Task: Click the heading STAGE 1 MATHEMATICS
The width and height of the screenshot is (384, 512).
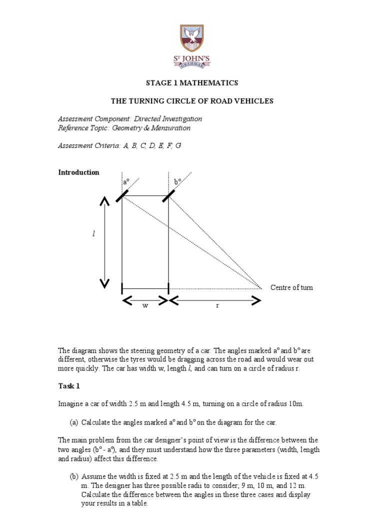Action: [x=191, y=83]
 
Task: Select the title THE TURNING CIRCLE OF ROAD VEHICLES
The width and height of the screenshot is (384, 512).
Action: [x=192, y=101]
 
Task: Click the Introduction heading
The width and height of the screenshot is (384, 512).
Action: [x=78, y=172]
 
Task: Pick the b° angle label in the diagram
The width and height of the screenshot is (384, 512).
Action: [x=177, y=183]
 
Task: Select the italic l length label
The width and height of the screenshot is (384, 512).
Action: [x=93, y=234]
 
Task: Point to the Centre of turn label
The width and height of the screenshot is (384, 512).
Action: [x=291, y=287]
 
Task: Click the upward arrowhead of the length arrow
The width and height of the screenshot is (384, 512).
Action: [x=104, y=201]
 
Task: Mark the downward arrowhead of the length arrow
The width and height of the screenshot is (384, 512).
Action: [x=104, y=283]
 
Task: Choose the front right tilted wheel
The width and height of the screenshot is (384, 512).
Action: [x=168, y=195]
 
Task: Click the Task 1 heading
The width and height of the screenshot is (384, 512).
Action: [x=68, y=386]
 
